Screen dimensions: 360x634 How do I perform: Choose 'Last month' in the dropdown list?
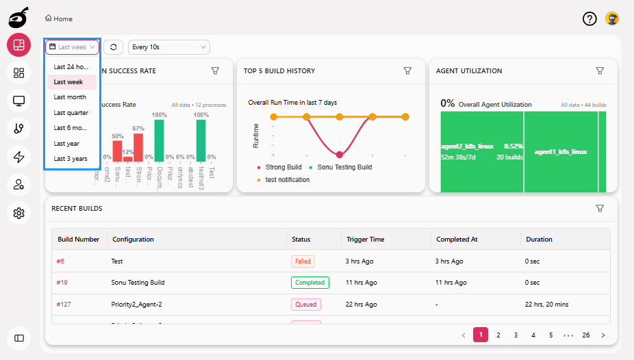70,97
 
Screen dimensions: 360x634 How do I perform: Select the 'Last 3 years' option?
71,159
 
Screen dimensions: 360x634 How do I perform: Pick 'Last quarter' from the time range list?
71,113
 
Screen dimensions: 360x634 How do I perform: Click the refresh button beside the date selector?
114,47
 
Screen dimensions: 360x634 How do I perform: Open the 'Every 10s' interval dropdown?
168,47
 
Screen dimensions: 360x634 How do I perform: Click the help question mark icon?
589,19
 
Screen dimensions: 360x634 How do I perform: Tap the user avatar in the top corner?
612,19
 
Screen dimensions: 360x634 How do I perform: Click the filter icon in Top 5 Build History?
407,70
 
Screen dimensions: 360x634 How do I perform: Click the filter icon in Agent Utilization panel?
600,70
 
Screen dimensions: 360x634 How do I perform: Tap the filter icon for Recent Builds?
600,208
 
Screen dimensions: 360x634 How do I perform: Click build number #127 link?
64,304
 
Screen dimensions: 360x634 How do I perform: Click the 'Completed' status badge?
310,283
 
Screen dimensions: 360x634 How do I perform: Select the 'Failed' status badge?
302,261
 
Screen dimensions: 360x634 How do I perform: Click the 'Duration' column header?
539,240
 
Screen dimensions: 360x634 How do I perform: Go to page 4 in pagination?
533,335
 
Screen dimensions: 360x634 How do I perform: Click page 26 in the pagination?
586,335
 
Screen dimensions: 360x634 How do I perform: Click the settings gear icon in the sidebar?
19,214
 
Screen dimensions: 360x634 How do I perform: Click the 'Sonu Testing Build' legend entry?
344,167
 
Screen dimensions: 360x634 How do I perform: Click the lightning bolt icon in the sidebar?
19,157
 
